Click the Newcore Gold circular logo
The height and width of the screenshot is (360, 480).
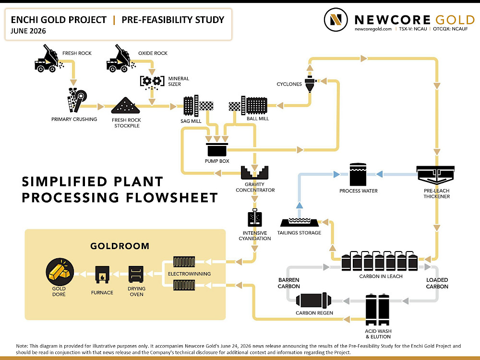pyautogui.click(x=336, y=20)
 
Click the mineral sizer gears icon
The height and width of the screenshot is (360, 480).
pyautogui.click(x=152, y=82)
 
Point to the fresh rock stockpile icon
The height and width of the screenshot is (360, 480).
pyautogui.click(x=125, y=106)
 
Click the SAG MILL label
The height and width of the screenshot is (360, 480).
pyautogui.click(x=191, y=121)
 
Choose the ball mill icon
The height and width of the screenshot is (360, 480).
pyautogui.click(x=248, y=106)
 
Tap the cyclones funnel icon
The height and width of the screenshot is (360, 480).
pyautogui.click(x=310, y=84)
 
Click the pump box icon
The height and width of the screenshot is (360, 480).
pyautogui.click(x=217, y=150)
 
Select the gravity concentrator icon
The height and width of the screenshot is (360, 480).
pyautogui.click(x=255, y=173)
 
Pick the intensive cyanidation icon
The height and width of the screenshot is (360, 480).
pyautogui.click(x=255, y=217)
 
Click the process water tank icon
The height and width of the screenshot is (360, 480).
pyautogui.click(x=358, y=175)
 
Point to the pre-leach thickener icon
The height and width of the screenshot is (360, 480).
pyautogui.click(x=435, y=175)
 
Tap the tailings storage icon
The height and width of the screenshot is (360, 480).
pyautogui.click(x=300, y=222)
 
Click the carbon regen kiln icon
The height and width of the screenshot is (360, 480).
pyautogui.click(x=313, y=300)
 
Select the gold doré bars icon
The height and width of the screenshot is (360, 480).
pyautogui.click(x=60, y=272)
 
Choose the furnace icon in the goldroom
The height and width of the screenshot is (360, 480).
pyautogui.click(x=102, y=274)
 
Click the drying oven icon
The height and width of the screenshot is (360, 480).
pyautogui.click(x=136, y=274)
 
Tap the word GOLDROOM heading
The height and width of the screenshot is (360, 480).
pyautogui.click(x=120, y=246)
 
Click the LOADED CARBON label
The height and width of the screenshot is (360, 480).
pyautogui.click(x=437, y=283)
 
